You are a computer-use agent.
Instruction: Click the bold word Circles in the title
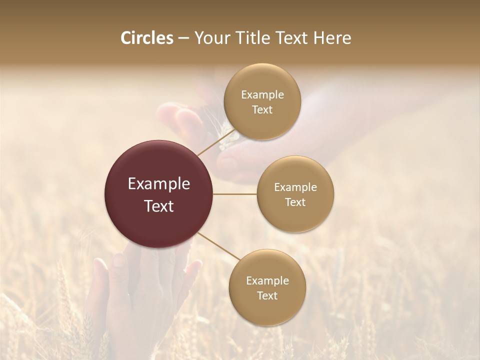146,38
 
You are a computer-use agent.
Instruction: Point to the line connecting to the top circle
215,142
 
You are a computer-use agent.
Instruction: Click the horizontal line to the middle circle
235,194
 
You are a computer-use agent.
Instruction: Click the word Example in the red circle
159,184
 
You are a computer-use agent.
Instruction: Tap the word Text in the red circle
159,206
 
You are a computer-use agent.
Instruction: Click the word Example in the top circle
262,95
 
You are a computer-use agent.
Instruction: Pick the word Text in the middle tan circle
295,202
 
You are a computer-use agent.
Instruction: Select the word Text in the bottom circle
267,295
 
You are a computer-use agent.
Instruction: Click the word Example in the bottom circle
267,280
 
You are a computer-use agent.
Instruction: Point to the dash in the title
183,38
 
